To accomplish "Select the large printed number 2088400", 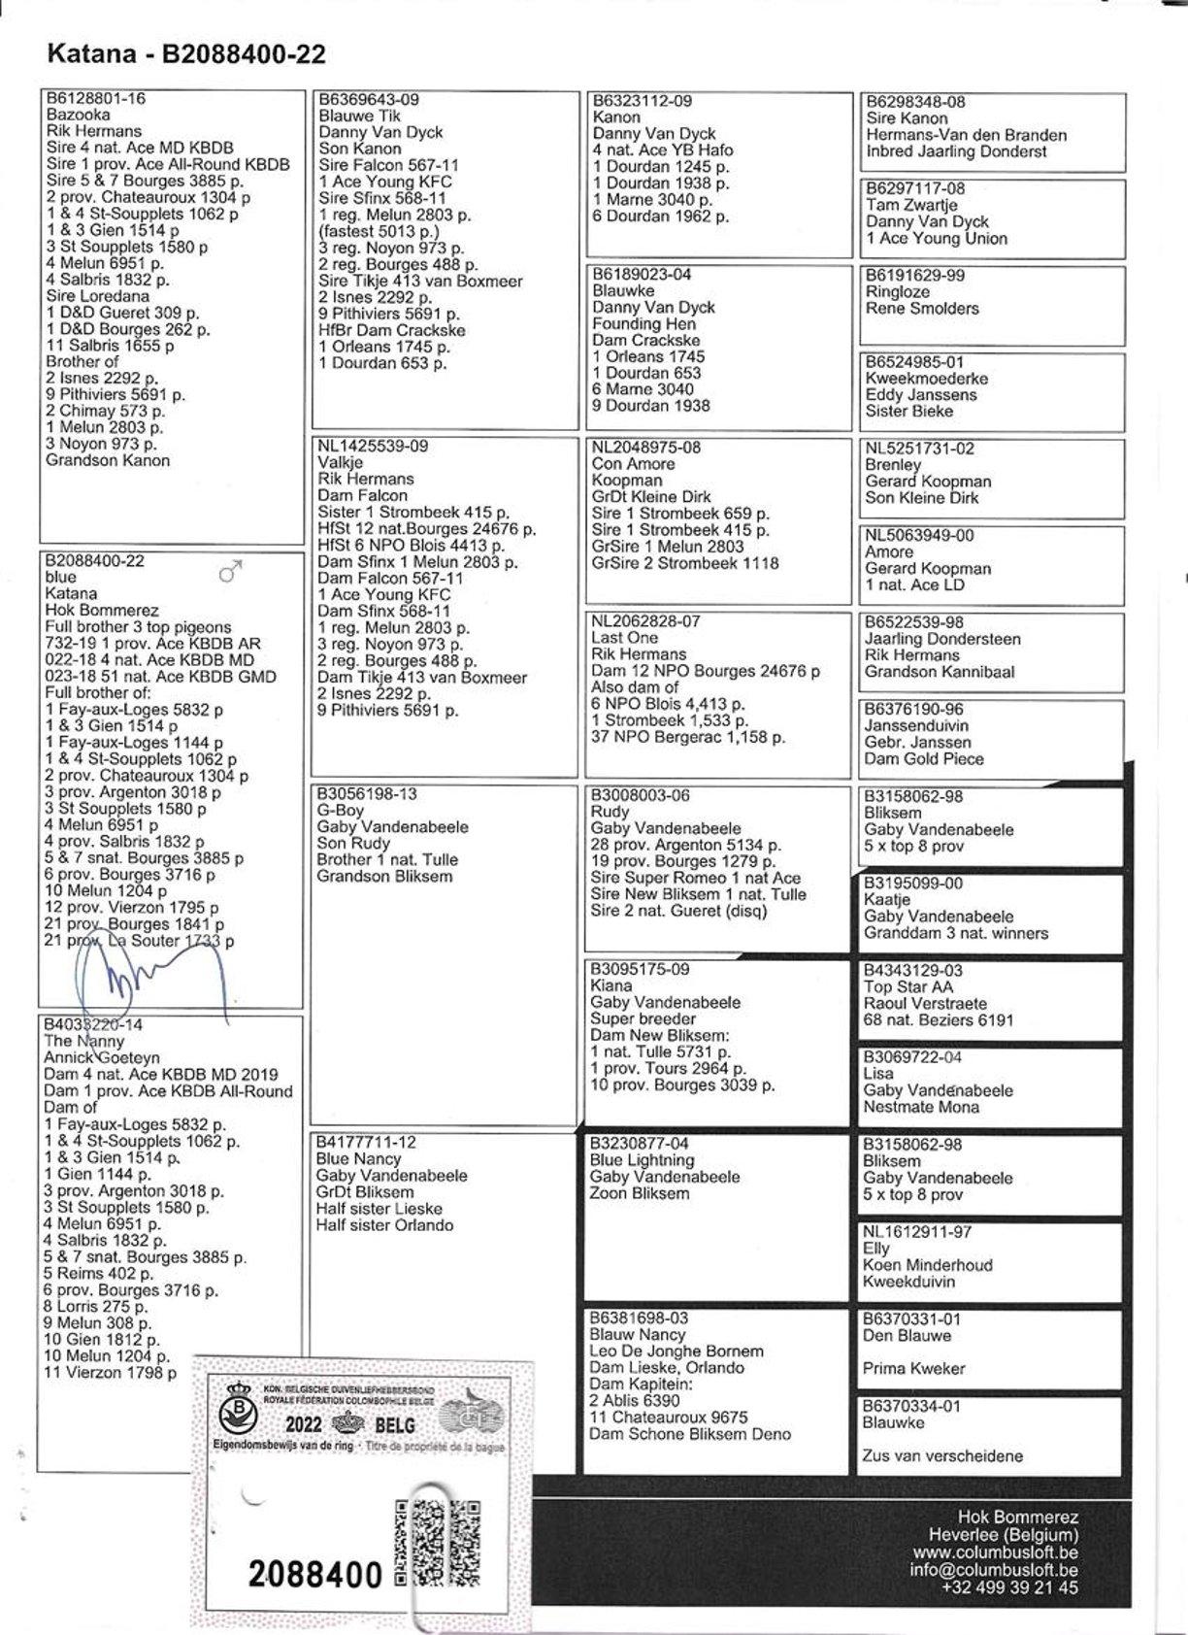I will point(315,1575).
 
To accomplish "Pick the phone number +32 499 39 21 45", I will point(1009,1588).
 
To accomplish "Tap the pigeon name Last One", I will point(624,638).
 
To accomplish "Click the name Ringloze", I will point(898,291).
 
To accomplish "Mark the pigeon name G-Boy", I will point(341,811).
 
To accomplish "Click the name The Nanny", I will point(84,1041).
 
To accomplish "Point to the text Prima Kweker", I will point(912,1369).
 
